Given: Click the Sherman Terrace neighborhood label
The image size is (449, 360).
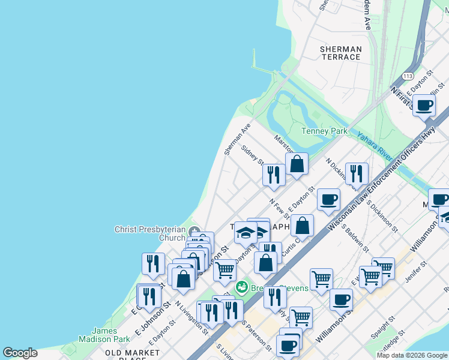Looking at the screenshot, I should (340, 53).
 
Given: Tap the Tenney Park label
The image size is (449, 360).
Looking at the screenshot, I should (324, 131).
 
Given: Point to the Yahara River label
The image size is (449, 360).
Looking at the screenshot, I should (375, 145).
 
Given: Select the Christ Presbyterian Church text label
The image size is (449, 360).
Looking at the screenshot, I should (150, 233).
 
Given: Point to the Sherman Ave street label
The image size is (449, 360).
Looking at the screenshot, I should (237, 140).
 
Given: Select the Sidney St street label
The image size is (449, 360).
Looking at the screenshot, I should (253, 154).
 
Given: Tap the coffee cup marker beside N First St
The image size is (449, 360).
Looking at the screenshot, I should (424, 106).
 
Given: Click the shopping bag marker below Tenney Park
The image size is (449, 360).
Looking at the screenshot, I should (297, 164).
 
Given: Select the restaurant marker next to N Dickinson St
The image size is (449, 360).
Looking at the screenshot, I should (357, 174).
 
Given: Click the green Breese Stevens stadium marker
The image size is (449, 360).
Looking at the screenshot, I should (242, 287).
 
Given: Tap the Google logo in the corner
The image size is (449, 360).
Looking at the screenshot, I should (20, 353).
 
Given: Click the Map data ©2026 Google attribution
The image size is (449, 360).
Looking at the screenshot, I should (412, 355).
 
